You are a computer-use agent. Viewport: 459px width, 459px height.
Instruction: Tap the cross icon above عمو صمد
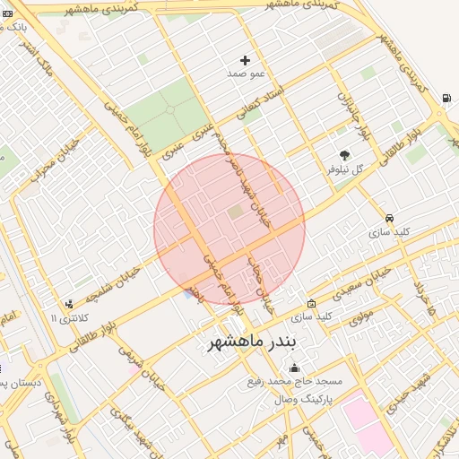coord(245,60)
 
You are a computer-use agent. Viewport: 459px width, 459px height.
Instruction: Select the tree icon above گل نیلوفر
coord(344,154)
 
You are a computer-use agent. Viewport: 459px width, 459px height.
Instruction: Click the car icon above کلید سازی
coord(389,218)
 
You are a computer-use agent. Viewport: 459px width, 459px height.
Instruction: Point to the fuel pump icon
coord(446,98)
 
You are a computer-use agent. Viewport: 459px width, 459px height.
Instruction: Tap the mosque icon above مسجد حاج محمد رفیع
coord(294,368)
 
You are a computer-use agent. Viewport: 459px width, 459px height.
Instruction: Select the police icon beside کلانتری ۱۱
coord(70,305)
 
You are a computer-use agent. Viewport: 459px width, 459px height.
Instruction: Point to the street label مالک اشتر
coord(40,60)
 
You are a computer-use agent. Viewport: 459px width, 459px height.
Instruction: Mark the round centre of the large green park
coord(168,113)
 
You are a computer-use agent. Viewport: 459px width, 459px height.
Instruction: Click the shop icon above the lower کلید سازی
coord(311,303)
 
